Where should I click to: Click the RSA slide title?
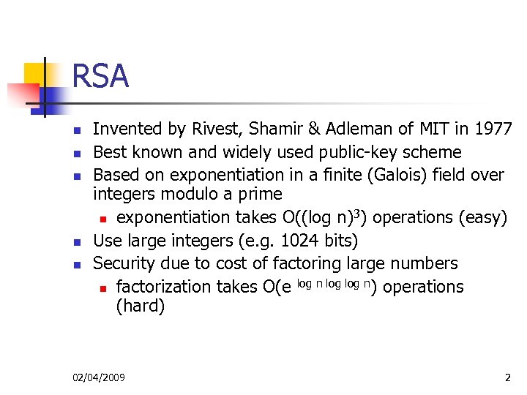100,76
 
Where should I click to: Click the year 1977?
493,129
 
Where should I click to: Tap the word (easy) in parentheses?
484,217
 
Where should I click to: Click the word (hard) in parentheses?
141,306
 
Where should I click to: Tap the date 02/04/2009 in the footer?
99,377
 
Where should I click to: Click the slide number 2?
507,377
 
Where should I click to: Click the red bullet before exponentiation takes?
104,218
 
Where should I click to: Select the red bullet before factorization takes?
104,287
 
